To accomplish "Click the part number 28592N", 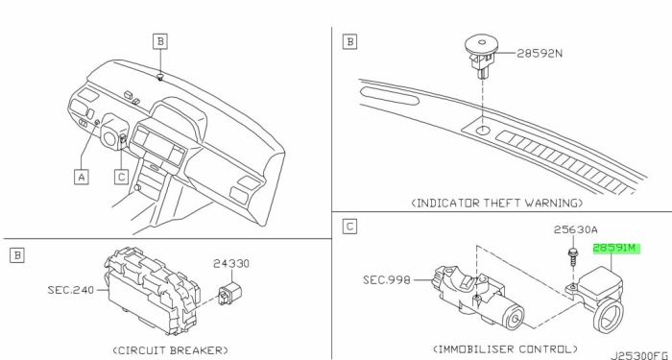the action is tap(540, 54).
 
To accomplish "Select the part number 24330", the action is tap(231, 263).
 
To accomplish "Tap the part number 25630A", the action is tap(575, 229).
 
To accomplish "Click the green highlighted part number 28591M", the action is tap(616, 249).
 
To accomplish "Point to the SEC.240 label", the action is tap(71, 290).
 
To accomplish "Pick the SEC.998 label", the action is tap(387, 280).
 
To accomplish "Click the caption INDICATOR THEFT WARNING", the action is tap(497, 203).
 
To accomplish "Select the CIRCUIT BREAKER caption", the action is tap(171, 350).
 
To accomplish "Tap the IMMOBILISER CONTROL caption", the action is tap(505, 348).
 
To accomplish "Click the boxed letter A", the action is tap(82, 177).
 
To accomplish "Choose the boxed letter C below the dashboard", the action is tap(122, 177).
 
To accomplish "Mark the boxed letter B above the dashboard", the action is tap(160, 41).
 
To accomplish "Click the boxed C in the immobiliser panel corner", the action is tap(349, 227).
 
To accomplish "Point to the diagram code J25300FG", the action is tap(640, 356).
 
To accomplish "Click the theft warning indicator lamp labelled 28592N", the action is tap(483, 57).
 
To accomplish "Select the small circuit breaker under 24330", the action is tap(229, 293).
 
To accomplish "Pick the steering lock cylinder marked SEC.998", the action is tap(478, 297).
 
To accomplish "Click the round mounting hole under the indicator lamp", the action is tap(482, 131).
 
